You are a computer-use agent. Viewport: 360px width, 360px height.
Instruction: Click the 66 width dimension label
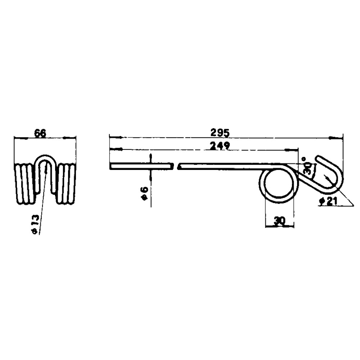point(40,133)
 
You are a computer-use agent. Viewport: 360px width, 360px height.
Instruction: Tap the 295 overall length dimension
point(220,133)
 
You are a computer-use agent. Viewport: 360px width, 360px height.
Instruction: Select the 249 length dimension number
point(220,145)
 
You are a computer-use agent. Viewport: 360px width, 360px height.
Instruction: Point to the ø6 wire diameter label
point(144,194)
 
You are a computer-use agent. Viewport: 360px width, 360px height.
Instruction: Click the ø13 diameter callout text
point(35,225)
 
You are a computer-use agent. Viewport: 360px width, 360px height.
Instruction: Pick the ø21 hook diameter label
point(329,201)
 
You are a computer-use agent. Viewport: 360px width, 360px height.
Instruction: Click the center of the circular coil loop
point(279,183)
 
